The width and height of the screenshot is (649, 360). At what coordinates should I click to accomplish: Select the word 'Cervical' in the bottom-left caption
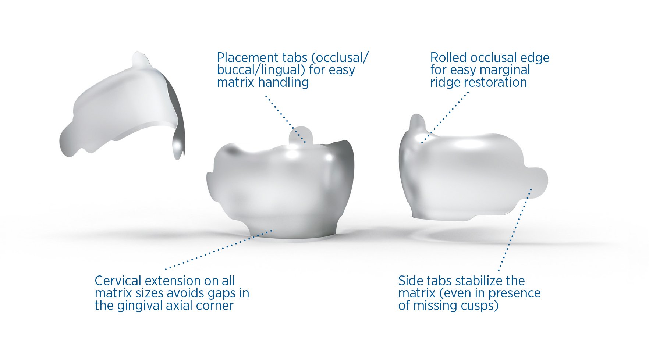click(x=118, y=281)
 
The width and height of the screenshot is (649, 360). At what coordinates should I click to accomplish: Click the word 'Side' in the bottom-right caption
click(x=411, y=281)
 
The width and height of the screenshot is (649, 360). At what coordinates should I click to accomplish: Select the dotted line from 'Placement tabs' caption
click(x=286, y=119)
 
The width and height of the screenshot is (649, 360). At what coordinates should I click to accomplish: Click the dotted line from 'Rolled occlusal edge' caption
click(x=445, y=117)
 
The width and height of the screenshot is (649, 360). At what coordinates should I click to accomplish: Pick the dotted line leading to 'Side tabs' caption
click(x=515, y=230)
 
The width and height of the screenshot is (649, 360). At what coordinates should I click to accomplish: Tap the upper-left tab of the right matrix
click(x=417, y=125)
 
